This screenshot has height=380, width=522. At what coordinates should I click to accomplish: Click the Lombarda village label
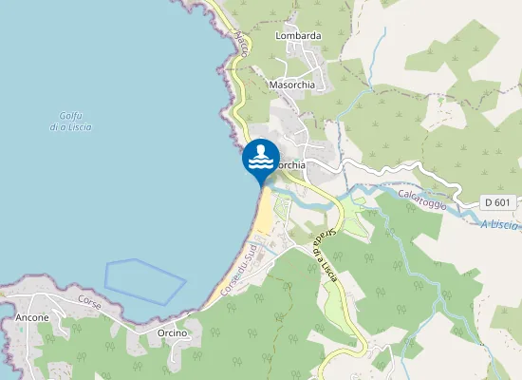[x=298, y=36]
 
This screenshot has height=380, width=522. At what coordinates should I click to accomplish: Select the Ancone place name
[x=32, y=317]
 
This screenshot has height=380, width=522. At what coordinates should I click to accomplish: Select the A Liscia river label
[x=498, y=225]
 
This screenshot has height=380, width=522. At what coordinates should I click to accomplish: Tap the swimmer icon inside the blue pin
[x=261, y=156]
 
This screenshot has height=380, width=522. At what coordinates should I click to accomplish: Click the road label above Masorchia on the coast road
[x=241, y=48]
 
